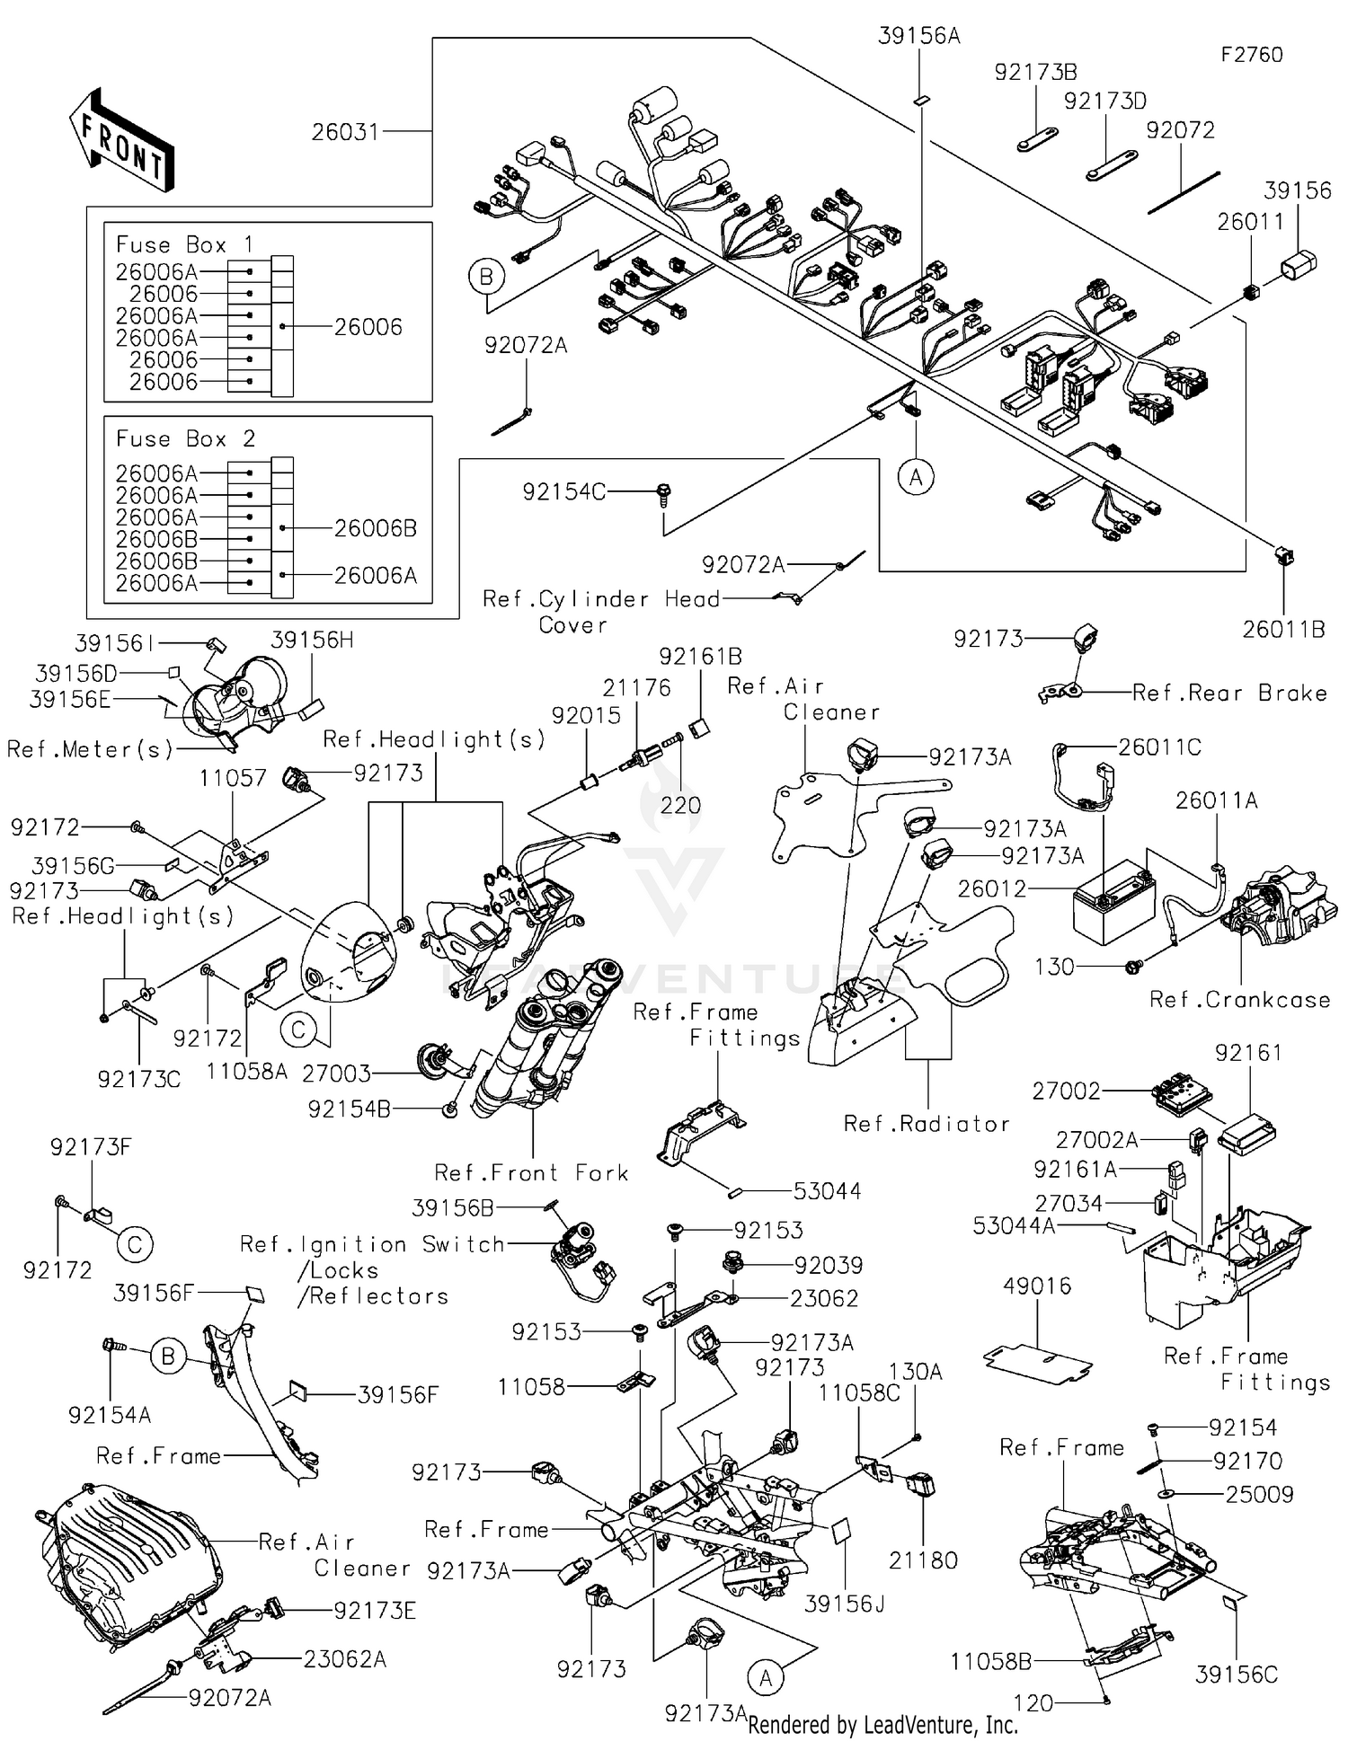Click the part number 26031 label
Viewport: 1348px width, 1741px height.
345,132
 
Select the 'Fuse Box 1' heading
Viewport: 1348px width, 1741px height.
185,244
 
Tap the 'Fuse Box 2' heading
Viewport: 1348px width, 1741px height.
185,438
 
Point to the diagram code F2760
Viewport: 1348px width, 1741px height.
1252,55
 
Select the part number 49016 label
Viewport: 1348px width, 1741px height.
1037,1286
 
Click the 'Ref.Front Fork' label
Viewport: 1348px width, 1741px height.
531,1172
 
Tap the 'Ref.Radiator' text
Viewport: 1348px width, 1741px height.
927,1124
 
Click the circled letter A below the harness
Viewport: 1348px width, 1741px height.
916,477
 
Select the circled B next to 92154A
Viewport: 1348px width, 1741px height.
168,1356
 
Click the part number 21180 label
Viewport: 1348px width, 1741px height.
923,1560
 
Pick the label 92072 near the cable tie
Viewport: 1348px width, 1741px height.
1180,130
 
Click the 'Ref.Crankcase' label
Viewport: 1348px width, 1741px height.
1240,1000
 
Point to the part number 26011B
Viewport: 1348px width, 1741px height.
1283,630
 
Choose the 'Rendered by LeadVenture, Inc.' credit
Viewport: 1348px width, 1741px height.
882,1724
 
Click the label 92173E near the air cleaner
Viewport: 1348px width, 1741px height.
375,1611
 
